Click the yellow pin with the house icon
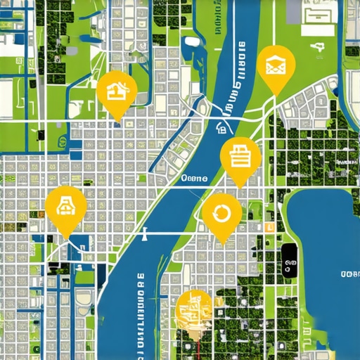coord(117,91)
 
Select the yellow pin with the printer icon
coord(240,156)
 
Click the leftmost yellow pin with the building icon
coord(65,207)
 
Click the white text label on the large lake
coord(349,273)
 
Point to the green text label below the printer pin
coord(195,179)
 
